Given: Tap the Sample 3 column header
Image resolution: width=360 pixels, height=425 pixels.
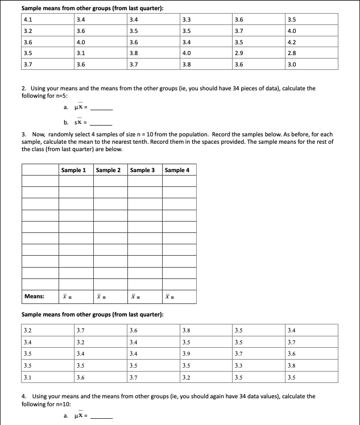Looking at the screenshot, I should coord(142,170).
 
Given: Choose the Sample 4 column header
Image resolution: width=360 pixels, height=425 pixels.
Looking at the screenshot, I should coord(177,170).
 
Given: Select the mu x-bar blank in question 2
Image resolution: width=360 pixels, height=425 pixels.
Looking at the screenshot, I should coord(102,108).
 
